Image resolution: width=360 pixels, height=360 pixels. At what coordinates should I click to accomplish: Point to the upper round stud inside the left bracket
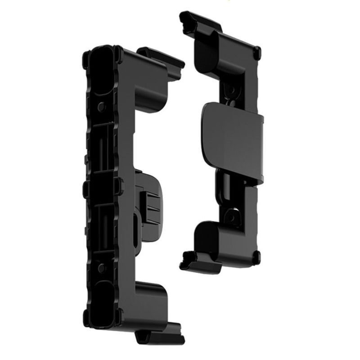coord(102,107)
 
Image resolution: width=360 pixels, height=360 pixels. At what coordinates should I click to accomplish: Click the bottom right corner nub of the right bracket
coord(256,257)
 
